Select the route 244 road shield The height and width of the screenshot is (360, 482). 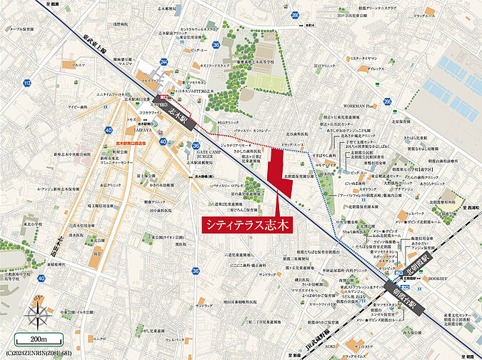(164, 62)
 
